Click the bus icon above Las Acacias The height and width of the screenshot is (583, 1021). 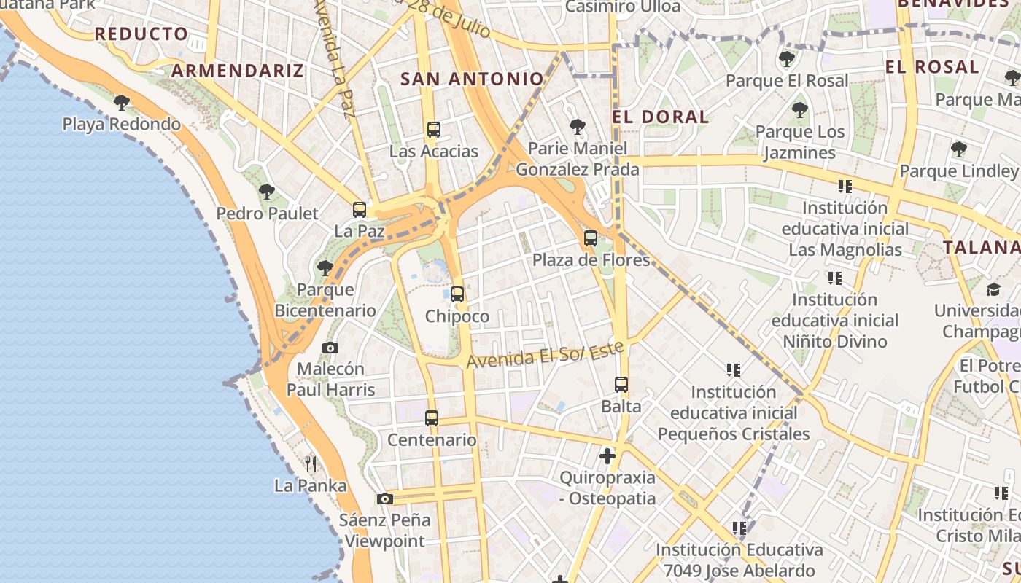click(x=434, y=130)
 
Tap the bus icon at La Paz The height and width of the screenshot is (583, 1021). click(x=359, y=210)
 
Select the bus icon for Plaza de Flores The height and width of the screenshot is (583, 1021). click(x=591, y=238)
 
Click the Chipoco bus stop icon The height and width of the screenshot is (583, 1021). click(x=457, y=294)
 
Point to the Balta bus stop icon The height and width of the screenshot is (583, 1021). click(x=621, y=384)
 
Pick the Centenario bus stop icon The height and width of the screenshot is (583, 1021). click(x=432, y=418)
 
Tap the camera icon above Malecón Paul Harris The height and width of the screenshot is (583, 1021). click(x=330, y=348)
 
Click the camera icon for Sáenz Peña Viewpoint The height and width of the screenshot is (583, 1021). click(x=385, y=498)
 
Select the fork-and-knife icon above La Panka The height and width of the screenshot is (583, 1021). click(x=311, y=463)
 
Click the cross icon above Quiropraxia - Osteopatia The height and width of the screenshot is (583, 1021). click(x=607, y=456)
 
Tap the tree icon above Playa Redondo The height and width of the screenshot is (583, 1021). click(x=122, y=102)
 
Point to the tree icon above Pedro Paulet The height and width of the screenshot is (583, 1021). click(x=267, y=192)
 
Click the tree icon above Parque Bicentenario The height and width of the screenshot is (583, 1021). click(x=325, y=268)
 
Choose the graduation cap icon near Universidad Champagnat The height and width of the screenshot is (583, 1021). click(x=993, y=289)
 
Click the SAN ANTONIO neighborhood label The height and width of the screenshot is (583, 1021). click(x=472, y=79)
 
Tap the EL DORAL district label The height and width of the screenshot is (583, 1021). click(x=660, y=117)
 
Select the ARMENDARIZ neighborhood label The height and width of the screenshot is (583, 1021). click(x=237, y=71)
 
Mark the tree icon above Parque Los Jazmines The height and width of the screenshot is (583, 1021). click(x=800, y=111)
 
